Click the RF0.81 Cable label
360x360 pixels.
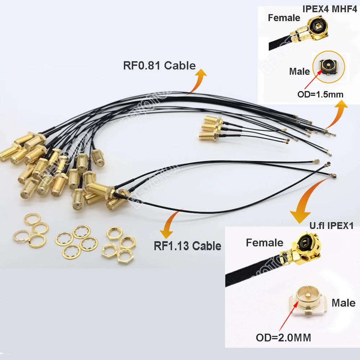coord(159,65)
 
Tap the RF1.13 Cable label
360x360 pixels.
coord(187,246)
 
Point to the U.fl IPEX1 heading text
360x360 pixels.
coord(332,226)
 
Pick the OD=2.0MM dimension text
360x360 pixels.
coord(283,338)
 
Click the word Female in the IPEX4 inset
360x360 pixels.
coord(284,17)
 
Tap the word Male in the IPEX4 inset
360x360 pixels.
coord(299,71)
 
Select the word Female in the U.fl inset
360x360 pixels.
coord(265,243)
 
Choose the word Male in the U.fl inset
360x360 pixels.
coord(343,303)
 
